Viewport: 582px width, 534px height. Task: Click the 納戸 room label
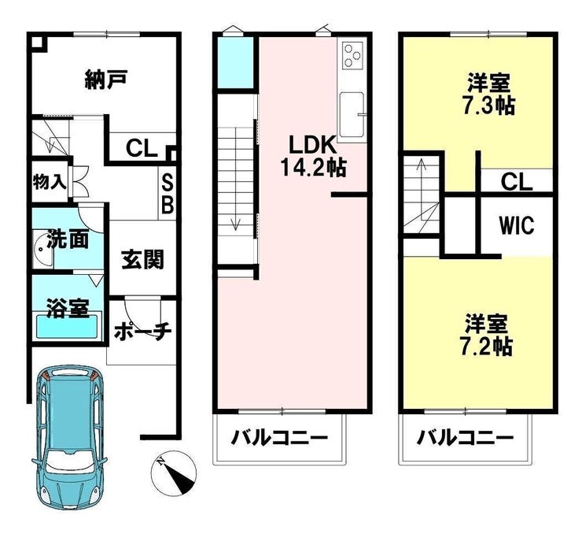coord(106,79)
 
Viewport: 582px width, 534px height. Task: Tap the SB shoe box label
coord(168,195)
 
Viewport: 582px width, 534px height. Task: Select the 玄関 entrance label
coord(142,259)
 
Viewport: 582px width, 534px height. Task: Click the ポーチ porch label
coord(142,331)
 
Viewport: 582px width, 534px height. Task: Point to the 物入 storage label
coord(50,182)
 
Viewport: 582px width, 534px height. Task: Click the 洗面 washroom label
coord(68,239)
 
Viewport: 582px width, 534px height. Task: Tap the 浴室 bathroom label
coord(68,308)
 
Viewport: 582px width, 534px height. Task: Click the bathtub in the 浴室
coord(68,327)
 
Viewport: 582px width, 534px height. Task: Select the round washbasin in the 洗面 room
coord(44,249)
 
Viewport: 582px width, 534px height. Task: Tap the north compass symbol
coord(173,473)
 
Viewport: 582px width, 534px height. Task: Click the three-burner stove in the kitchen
coord(352,55)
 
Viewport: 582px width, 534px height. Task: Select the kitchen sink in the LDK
coord(352,114)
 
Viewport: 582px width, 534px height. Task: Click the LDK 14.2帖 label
coord(313,156)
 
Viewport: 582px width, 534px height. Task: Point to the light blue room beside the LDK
coord(235,62)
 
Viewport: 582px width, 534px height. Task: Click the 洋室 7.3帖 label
coord(488,94)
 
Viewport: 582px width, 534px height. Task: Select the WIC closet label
coord(516,225)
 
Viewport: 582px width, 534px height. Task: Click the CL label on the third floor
coord(516,182)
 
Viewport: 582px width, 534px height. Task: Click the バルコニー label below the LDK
coord(279,438)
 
